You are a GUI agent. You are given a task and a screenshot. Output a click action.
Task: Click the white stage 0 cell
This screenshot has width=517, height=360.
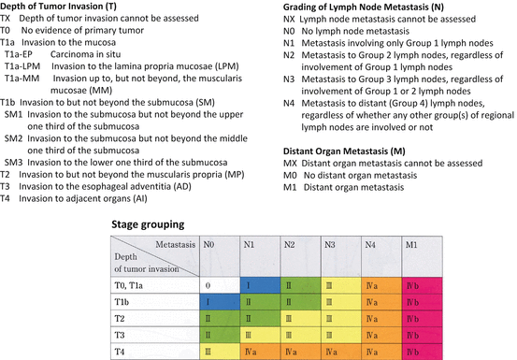[x=220, y=285]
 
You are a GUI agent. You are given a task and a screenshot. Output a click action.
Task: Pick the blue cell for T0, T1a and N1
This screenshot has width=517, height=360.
[x=260, y=285]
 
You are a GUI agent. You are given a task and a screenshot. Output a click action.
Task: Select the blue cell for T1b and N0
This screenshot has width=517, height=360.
[x=220, y=302]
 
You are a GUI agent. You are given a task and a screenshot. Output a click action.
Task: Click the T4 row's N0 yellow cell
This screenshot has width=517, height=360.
[x=220, y=352]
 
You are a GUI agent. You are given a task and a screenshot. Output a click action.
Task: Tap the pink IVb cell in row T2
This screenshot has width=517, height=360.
[x=423, y=319]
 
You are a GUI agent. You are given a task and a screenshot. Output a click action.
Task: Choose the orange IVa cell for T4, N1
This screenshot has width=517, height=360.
[x=260, y=352]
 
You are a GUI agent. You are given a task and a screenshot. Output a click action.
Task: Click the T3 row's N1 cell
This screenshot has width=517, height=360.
[x=260, y=335]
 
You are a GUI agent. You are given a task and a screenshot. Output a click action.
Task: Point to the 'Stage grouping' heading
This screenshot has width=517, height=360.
[x=148, y=224]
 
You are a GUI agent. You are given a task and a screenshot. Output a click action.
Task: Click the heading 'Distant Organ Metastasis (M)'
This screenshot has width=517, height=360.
[x=344, y=151]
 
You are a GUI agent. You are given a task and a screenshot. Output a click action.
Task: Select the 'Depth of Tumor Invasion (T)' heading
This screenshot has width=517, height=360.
[x=58, y=6]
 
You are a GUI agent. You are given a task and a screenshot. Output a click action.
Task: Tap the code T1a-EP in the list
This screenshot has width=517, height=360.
[x=19, y=54]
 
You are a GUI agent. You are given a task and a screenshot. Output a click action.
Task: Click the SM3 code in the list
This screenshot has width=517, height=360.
[x=13, y=163]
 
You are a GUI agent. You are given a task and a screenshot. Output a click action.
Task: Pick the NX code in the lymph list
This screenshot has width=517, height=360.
[x=289, y=19]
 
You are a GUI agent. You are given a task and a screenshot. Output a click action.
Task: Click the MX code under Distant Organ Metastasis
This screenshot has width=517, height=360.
[x=290, y=164]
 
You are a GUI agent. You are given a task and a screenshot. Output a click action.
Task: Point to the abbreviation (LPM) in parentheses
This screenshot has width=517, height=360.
[x=227, y=66]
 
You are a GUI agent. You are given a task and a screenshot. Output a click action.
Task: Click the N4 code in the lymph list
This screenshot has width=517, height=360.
[x=289, y=104]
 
